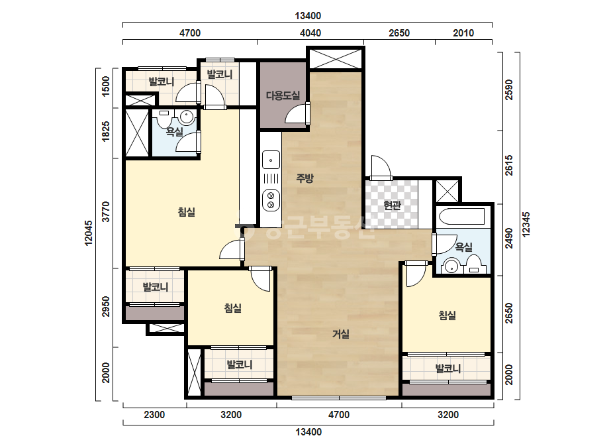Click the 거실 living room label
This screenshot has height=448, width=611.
[x=340, y=334]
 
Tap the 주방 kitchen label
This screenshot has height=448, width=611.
[x=305, y=178]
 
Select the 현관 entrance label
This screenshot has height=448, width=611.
[x=392, y=205]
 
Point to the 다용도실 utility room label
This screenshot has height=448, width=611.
[x=283, y=95]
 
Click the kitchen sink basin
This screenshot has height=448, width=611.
[x=271, y=160]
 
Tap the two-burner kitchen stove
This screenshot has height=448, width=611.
[x=271, y=199]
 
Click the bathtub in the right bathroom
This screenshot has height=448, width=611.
[x=461, y=216]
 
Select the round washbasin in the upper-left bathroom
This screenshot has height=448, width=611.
[x=187, y=117]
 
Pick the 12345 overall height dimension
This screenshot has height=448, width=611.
[x=526, y=225]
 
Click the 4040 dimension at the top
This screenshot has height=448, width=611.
[x=310, y=32]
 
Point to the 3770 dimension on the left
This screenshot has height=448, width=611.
[x=106, y=212]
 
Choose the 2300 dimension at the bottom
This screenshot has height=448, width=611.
[x=154, y=414]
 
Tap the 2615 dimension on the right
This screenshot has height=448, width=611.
[x=509, y=166]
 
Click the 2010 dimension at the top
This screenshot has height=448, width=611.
[x=463, y=32]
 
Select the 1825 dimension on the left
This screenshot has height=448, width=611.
[x=106, y=131]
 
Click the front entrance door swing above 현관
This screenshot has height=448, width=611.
[x=381, y=167]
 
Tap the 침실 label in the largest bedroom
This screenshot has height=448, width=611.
[x=186, y=212]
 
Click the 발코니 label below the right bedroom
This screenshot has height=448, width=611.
[x=447, y=368]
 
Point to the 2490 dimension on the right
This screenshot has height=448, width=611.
[x=509, y=238]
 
